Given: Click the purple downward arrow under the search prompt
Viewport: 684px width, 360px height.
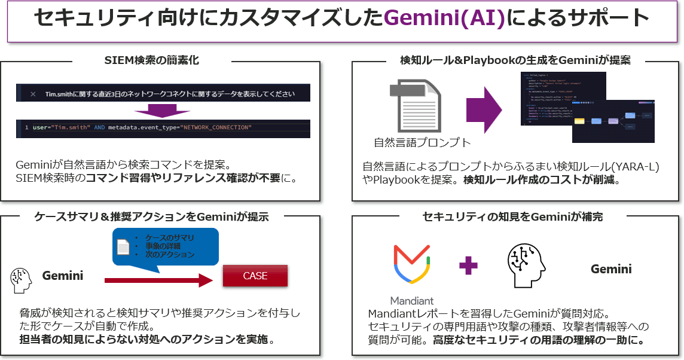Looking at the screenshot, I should pos(163,111).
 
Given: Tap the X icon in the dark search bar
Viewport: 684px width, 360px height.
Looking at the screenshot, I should pos(33,94).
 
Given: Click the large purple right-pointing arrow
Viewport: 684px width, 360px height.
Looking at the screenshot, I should pos(485,109).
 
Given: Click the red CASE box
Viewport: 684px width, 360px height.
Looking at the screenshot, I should pos(255,276).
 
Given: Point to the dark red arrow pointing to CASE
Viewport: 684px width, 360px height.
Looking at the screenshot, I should pos(158,279).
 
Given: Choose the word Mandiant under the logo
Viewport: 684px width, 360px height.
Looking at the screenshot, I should pos(412,300).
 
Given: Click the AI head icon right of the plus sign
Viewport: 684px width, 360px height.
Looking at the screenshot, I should pos(527,266).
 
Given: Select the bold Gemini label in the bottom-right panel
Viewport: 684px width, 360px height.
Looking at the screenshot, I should pos(611,269).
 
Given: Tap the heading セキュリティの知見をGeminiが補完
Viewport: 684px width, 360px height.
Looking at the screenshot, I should pos(516,217).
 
